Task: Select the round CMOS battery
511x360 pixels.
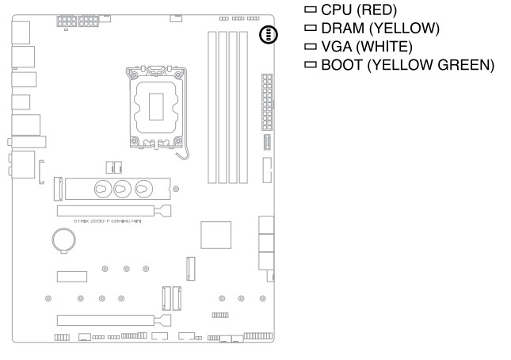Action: click(x=63, y=239)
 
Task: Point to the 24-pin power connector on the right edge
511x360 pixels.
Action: click(x=265, y=104)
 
